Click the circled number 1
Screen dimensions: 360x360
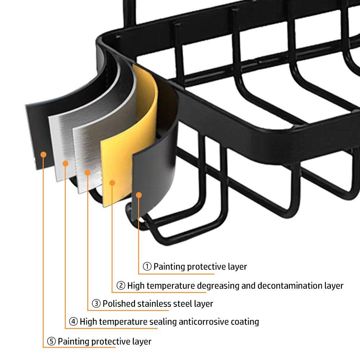click(147, 266)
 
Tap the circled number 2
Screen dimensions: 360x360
click(121, 285)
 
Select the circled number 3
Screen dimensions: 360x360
click(96, 303)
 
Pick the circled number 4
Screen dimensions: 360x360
click(73, 321)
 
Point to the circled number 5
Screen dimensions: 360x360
click(51, 341)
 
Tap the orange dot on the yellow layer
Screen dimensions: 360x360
click(112, 183)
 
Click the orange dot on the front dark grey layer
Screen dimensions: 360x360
click(139, 195)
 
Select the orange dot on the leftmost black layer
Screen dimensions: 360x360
click(44, 154)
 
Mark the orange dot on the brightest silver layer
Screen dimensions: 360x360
click(66, 163)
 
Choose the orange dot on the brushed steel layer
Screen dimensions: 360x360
click(87, 172)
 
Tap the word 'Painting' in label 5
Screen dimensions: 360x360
click(73, 341)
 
